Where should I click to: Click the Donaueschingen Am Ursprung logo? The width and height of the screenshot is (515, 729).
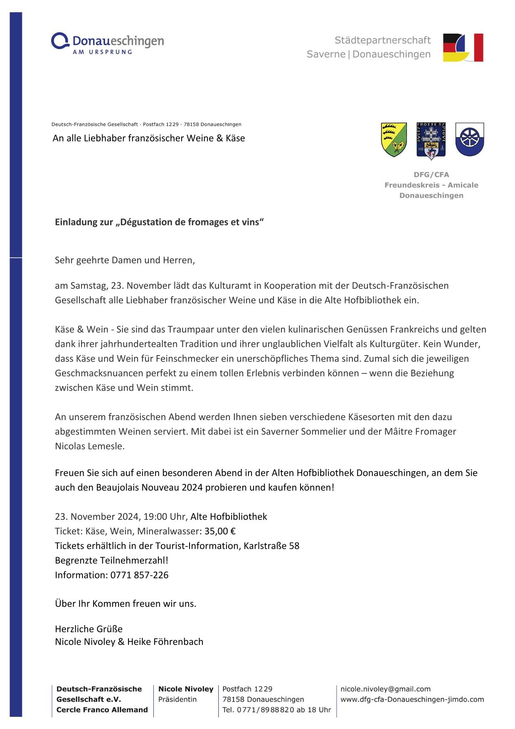pos(107,43)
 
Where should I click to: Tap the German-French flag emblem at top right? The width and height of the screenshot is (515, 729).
pos(463,48)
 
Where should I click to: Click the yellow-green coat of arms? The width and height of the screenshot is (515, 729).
pos(394,140)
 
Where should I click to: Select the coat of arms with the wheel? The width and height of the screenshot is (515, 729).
pos(469,139)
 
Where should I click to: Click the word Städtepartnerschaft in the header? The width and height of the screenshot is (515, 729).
pos(382,40)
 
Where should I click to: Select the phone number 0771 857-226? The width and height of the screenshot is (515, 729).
pos(139,575)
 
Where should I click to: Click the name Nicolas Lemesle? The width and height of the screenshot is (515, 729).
pos(90,446)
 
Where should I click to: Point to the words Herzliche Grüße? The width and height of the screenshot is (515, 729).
pos(89,628)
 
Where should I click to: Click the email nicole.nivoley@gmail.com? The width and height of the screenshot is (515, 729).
pos(385,689)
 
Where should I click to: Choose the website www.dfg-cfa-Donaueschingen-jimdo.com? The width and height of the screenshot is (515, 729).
pos(412,699)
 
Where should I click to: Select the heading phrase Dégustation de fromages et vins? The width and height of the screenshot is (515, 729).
pos(190,222)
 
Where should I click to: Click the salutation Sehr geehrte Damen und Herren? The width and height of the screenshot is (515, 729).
pos(125,260)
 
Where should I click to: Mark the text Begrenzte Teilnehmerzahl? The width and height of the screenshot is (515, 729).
pos(111,560)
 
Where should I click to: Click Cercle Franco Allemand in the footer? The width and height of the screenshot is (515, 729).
pos(102,709)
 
